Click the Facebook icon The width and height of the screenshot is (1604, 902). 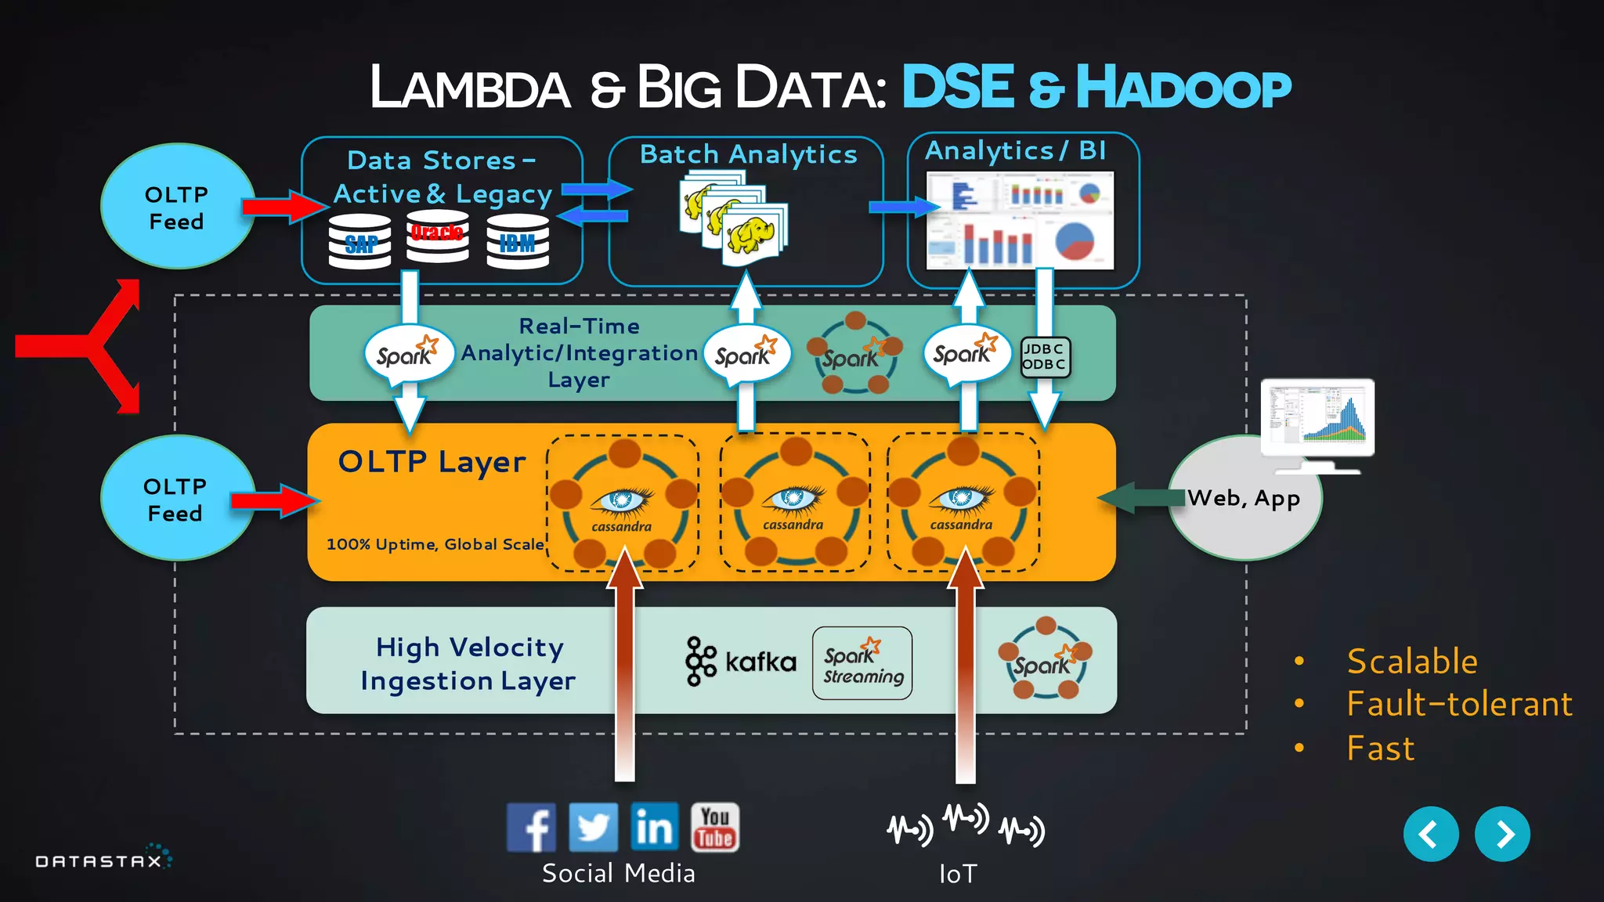pyautogui.click(x=531, y=827)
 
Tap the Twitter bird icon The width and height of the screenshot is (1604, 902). pyautogui.click(x=593, y=827)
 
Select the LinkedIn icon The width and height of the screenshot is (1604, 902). pyautogui.click(x=654, y=827)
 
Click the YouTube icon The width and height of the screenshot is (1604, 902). pyautogui.click(x=714, y=827)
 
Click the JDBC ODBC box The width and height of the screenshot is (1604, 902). pyautogui.click(x=1044, y=357)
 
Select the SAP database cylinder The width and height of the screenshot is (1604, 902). pyautogui.click(x=360, y=242)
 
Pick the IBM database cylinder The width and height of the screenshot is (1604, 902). pyautogui.click(x=517, y=242)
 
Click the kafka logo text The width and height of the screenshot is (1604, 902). pyautogui.click(x=760, y=662)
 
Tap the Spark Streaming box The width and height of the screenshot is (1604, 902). pyautogui.click(x=862, y=663)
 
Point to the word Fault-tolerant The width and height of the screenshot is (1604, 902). pyautogui.click(x=1459, y=704)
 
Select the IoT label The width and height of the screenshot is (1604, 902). pyautogui.click(x=958, y=874)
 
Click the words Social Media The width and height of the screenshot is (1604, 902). pyautogui.click(x=618, y=873)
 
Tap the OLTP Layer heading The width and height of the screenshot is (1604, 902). pyautogui.click(x=432, y=462)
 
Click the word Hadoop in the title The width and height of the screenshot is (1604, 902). pyautogui.click(x=1183, y=88)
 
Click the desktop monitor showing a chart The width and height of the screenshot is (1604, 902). pyautogui.click(x=1317, y=418)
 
